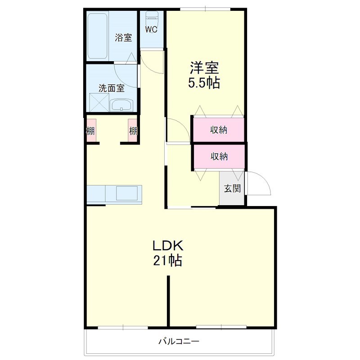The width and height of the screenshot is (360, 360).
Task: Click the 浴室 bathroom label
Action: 123,38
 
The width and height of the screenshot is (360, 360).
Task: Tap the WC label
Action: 151,30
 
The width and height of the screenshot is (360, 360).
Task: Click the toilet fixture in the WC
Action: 152,18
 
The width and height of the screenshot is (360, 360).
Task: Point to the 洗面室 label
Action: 111,88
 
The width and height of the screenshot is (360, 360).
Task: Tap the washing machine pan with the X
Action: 99,102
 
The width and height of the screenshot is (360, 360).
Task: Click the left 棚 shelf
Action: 91,131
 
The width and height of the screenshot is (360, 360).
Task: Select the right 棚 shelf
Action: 133,131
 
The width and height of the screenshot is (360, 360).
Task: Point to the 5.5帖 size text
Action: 204,83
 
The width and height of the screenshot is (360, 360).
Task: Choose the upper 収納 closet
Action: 219,130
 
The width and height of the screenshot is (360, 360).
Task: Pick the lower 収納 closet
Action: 219,156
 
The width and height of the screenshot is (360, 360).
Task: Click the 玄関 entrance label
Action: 232,189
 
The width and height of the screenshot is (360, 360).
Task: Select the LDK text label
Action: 167,246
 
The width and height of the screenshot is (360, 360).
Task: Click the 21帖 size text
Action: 167,261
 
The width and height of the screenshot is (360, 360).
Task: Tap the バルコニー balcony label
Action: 178,341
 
